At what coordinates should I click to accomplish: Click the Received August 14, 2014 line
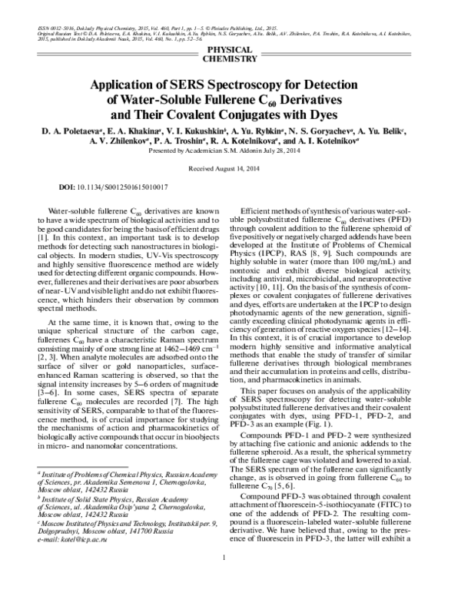point(230,167)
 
